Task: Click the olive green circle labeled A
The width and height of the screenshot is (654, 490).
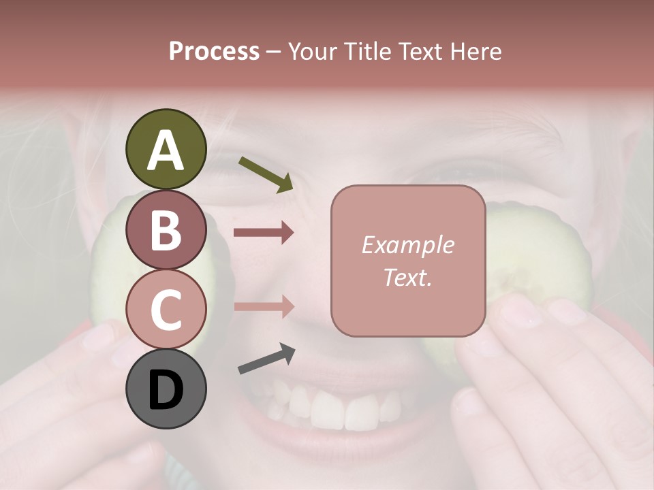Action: (166, 150)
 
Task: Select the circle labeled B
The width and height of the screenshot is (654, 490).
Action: (166, 230)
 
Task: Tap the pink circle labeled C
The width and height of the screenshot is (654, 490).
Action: (166, 310)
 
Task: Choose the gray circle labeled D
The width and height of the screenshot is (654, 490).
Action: (166, 389)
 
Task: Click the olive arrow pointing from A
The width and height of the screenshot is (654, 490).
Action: (266, 174)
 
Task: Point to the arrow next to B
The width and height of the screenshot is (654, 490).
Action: (264, 233)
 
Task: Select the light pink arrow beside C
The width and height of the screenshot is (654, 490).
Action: (264, 306)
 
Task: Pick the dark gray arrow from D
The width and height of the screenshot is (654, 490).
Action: (266, 359)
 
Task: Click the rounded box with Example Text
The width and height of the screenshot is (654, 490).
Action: (408, 261)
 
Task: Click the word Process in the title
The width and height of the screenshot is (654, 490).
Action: (214, 51)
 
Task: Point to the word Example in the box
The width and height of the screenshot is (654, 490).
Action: (408, 245)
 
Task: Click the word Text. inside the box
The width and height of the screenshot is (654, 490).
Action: (408, 277)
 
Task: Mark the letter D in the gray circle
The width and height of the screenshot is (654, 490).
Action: (166, 390)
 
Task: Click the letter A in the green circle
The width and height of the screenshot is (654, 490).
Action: (166, 150)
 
